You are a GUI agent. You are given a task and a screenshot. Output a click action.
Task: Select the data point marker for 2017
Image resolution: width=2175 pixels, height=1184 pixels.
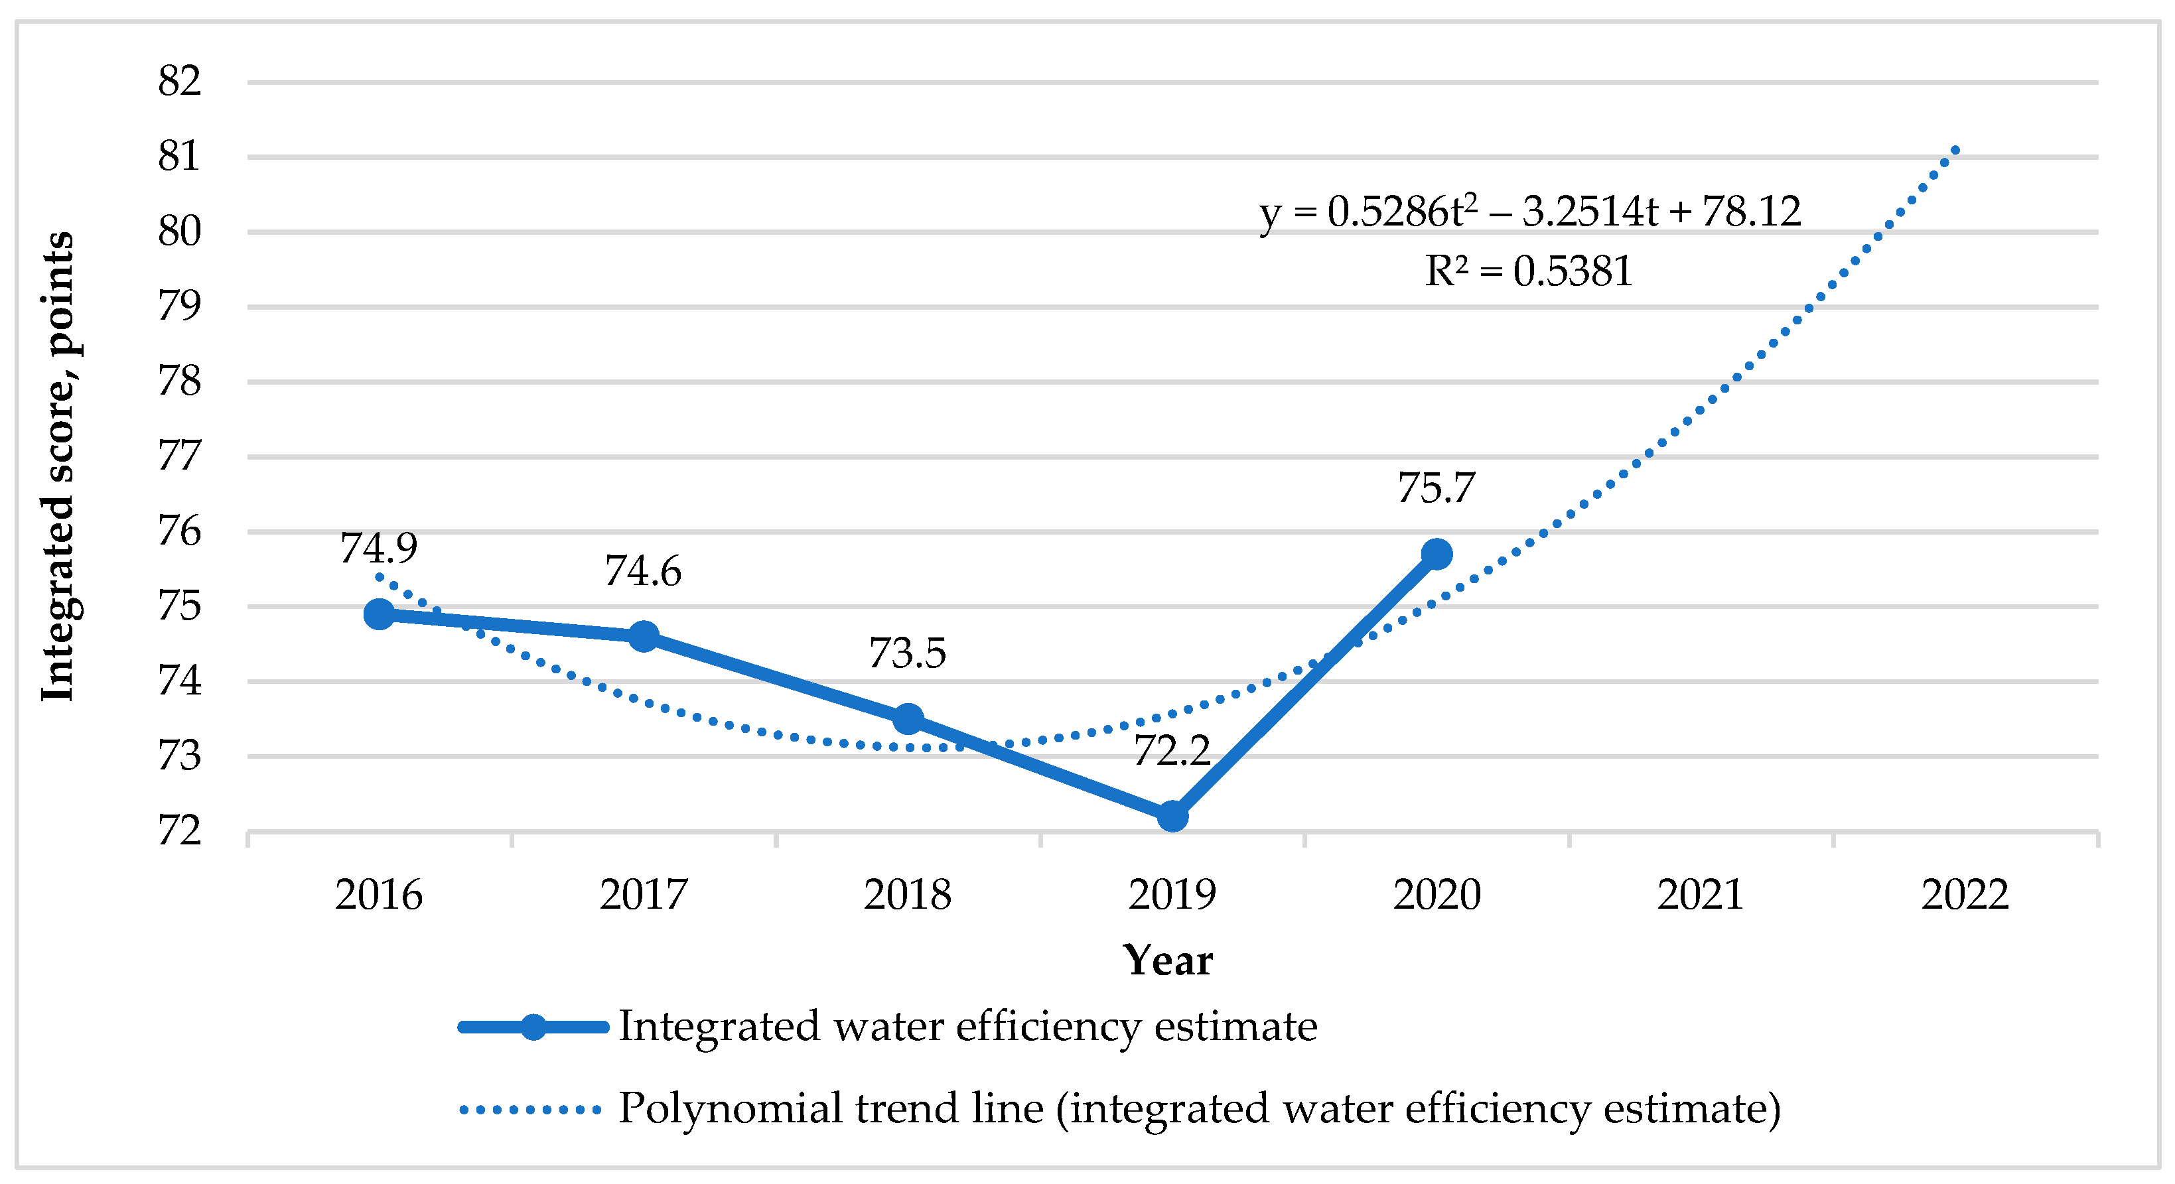[644, 635]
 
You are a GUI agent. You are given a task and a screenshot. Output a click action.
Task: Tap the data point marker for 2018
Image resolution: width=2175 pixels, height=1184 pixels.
[908, 719]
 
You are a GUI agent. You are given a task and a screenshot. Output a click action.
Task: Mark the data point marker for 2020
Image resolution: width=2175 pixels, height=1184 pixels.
[1437, 554]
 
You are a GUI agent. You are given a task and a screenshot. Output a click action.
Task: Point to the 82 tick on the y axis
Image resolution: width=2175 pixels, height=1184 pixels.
[179, 82]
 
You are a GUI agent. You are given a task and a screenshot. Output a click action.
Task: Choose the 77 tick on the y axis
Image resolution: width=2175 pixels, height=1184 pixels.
[179, 456]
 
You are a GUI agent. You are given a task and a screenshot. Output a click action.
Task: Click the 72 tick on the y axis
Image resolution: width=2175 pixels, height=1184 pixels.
[179, 831]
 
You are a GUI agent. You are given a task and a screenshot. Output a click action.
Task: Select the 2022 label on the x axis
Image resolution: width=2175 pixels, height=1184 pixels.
[1965, 895]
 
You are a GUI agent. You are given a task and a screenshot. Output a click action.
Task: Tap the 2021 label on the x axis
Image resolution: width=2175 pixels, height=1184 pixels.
[1701, 895]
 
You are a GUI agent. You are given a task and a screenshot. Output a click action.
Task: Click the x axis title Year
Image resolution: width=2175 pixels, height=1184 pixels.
[1168, 960]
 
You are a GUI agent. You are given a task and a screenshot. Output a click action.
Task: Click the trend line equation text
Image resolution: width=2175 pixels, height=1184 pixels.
[1530, 212]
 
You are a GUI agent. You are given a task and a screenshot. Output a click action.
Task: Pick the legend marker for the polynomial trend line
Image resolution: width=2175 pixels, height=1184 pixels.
[530, 1110]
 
